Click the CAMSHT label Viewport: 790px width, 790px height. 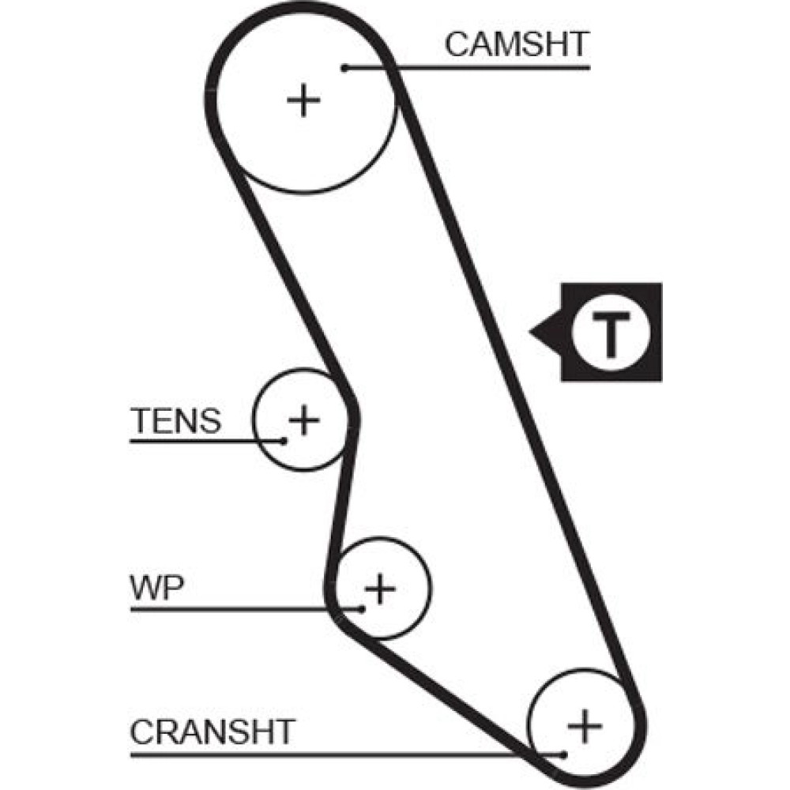pos(517,44)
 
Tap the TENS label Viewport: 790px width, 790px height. pos(175,421)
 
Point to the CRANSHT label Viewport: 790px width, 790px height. pos(212,732)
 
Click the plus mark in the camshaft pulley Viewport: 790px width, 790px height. pos(303,100)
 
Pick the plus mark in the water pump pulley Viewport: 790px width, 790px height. pos(381,589)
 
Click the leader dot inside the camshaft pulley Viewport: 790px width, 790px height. pos(345,68)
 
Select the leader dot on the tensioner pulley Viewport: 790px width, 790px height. pos(282,440)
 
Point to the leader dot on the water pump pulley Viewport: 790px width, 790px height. pos(361,608)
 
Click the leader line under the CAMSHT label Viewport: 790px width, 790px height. pos(490,68)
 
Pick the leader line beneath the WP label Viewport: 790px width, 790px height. pos(237,608)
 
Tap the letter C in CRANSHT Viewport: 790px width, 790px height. pos(142,732)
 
